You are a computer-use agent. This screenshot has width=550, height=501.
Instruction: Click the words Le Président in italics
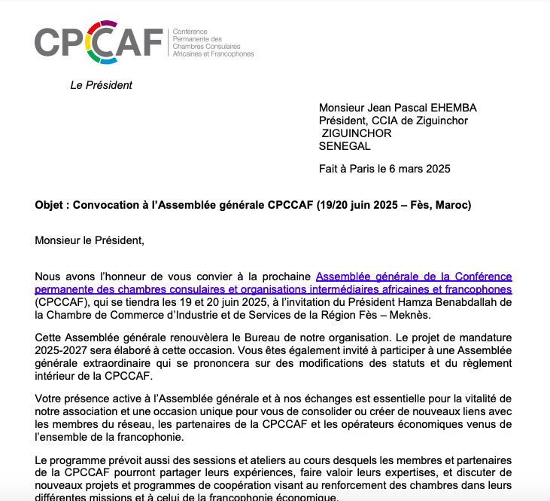pos(101,85)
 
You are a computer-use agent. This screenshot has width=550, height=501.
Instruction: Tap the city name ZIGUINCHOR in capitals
pos(357,133)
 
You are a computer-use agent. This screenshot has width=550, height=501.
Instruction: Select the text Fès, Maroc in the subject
pos(441,206)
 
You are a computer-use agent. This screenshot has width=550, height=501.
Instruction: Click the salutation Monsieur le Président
pos(89,241)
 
